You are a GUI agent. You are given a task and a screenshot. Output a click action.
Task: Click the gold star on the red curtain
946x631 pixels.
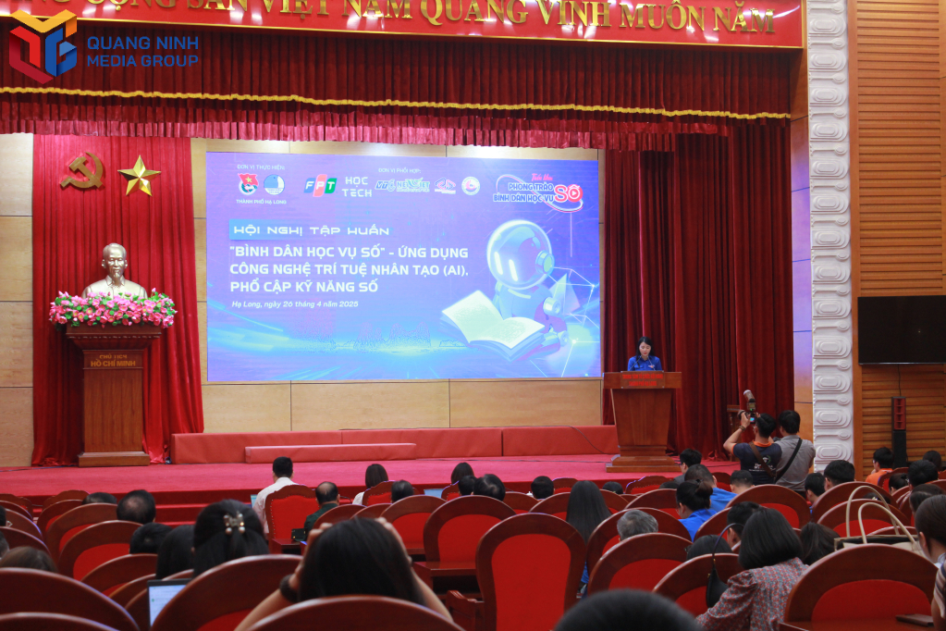pyautogui.click(x=139, y=175)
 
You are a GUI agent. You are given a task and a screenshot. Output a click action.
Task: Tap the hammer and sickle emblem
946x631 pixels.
pyautogui.click(x=83, y=171)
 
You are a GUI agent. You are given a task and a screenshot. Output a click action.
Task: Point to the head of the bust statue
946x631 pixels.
pyautogui.click(x=115, y=260)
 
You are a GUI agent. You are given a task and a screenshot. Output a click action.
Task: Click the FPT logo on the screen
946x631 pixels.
pyautogui.click(x=320, y=184)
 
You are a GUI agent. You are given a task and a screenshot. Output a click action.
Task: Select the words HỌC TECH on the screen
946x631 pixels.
pyautogui.click(x=357, y=187)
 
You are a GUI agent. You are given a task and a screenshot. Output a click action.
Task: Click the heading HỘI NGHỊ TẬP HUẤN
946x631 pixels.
pyautogui.click(x=310, y=229)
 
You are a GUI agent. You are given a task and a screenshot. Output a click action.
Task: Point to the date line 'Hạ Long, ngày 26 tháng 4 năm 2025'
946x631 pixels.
pyautogui.click(x=295, y=303)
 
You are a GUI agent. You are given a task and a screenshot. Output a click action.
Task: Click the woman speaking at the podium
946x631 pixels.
pyautogui.click(x=644, y=355)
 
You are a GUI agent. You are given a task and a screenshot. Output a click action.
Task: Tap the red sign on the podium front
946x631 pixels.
pyautogui.click(x=643, y=379)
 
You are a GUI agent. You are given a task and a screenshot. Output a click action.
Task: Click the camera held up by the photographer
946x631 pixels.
pyautogui.click(x=749, y=402)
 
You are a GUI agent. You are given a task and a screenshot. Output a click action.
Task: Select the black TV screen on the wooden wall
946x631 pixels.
pyautogui.click(x=901, y=329)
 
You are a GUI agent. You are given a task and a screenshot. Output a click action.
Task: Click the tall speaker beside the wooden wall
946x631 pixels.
pyautogui.click(x=899, y=429)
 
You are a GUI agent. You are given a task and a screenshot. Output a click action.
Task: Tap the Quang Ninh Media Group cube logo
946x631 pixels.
pyautogui.click(x=43, y=45)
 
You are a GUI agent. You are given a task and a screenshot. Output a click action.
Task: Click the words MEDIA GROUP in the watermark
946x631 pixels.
pyautogui.click(x=142, y=61)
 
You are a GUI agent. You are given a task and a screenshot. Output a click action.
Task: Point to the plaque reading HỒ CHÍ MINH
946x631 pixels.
pyautogui.click(x=113, y=360)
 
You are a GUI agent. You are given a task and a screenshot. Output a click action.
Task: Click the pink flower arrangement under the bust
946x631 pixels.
pyautogui.click(x=113, y=309)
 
